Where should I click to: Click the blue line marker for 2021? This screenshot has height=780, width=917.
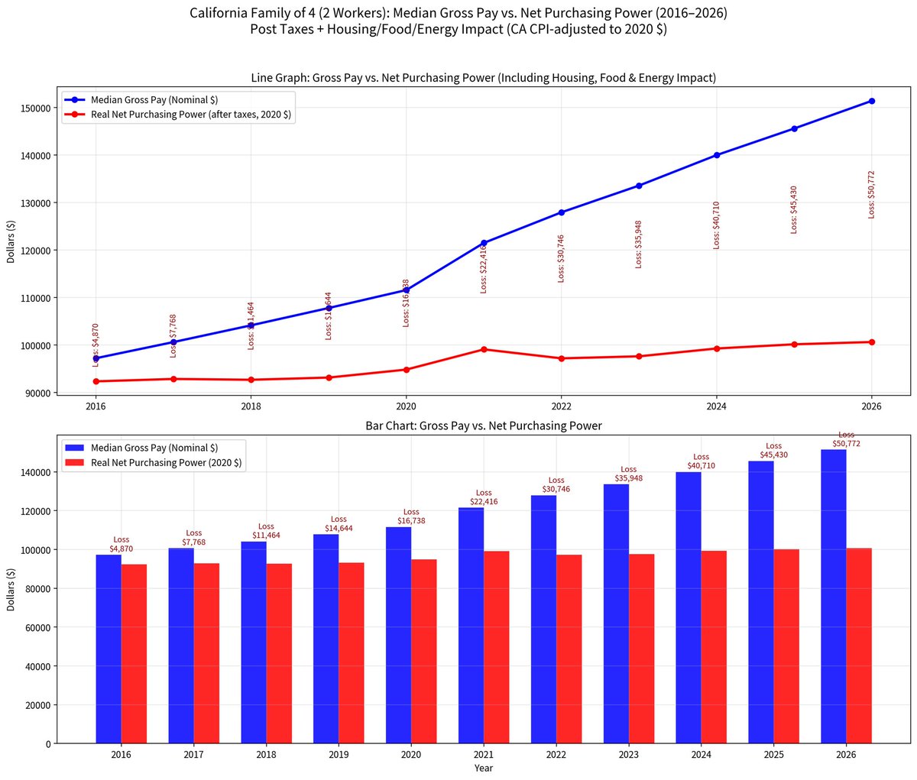pyautogui.click(x=484, y=243)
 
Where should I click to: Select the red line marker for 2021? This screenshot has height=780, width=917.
pyautogui.click(x=484, y=349)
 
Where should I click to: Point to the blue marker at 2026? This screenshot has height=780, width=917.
pyautogui.click(x=871, y=101)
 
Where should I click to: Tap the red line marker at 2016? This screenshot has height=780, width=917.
pyautogui.click(x=96, y=381)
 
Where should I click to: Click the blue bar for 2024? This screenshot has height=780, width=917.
pyautogui.click(x=688, y=607)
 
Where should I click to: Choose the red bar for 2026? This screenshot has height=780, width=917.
pyautogui.click(x=859, y=646)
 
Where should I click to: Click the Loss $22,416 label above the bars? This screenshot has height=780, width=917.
pyautogui.click(x=484, y=497)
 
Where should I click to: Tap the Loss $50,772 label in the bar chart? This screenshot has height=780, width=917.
pyautogui.click(x=846, y=439)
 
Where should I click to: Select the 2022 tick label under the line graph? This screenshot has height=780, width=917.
pyautogui.click(x=561, y=407)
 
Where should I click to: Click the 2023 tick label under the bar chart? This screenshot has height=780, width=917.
pyautogui.click(x=628, y=755)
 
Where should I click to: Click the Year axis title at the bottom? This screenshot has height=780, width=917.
pyautogui.click(x=483, y=768)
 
